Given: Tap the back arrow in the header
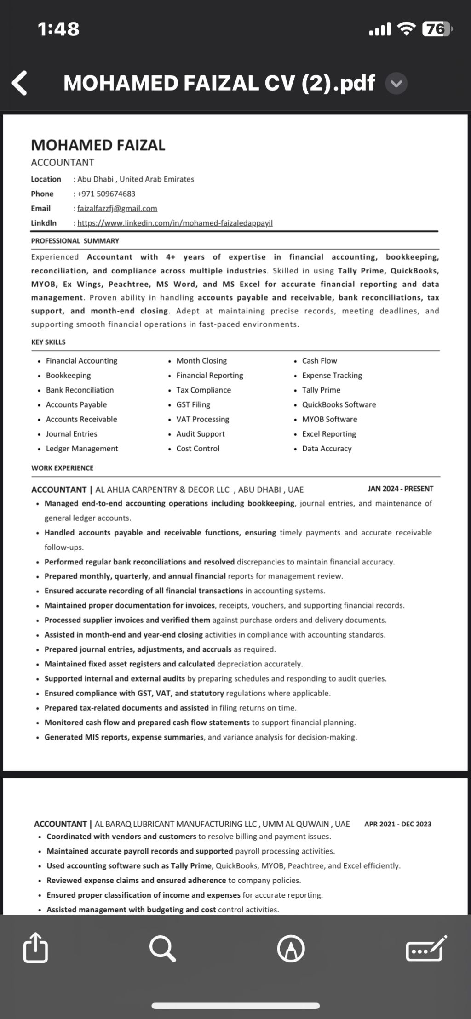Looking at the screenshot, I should (19, 83).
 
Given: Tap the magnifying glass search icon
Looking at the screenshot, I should (162, 949).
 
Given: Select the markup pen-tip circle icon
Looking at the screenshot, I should (291, 949).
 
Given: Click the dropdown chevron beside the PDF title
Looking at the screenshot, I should (396, 84).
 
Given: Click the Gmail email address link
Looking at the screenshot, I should (117, 209).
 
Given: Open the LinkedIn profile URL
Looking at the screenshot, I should (175, 223).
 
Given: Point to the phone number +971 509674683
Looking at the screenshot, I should (106, 194).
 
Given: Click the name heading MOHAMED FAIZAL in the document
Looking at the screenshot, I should (98, 145).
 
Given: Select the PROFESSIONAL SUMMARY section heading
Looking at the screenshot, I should (75, 241).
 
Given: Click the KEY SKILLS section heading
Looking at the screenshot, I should (48, 342).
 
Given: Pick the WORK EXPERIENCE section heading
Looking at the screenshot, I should (62, 468).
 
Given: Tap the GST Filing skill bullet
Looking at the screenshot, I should (193, 405).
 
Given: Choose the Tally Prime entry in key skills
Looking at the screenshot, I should (321, 390).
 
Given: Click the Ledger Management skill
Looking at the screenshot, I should (82, 449).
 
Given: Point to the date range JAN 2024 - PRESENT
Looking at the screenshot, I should (400, 489).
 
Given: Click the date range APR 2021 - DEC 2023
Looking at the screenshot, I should (397, 824).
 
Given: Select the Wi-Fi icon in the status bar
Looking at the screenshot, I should (406, 29).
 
